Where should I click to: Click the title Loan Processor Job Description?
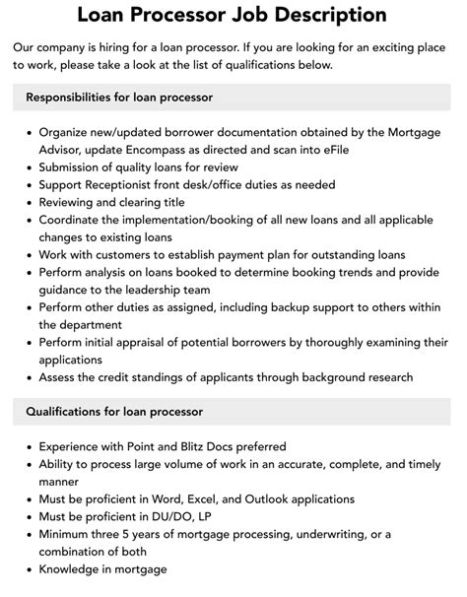[x=233, y=15]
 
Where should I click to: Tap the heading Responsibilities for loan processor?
[x=119, y=98]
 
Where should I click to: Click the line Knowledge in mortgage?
[x=103, y=570]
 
